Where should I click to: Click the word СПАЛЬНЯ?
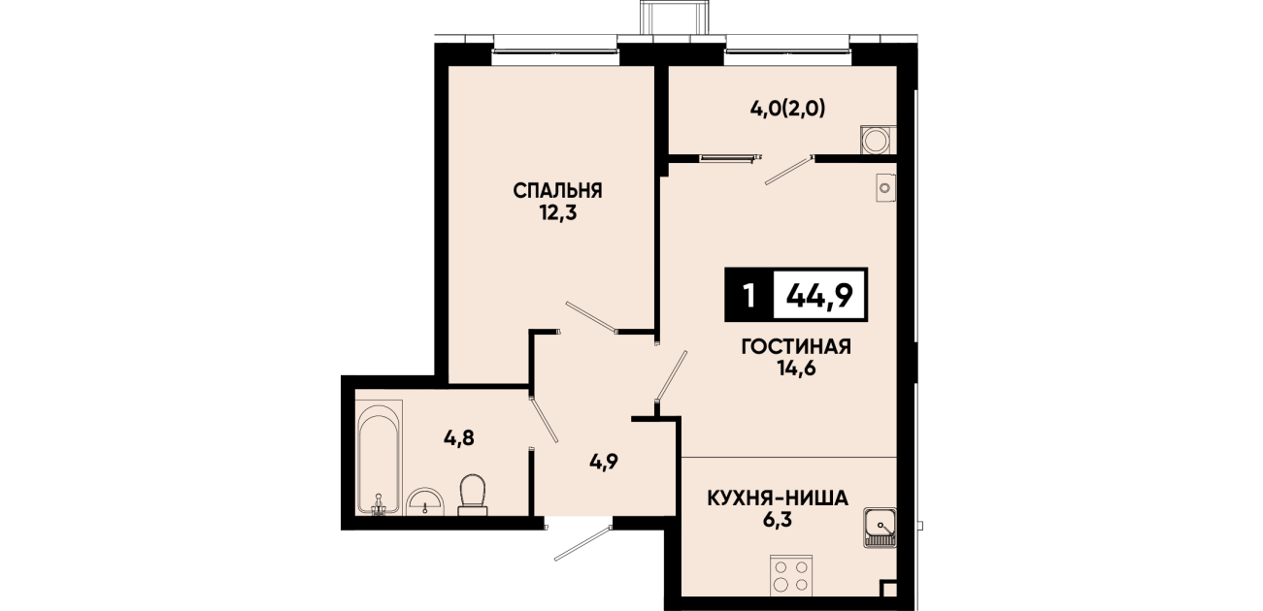(x=557, y=191)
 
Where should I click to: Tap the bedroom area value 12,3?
(x=557, y=213)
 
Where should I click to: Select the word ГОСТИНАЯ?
(x=796, y=347)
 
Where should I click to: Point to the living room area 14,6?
(x=797, y=369)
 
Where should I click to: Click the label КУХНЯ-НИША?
(x=778, y=498)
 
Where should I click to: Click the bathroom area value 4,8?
(x=459, y=437)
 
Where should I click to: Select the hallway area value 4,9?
(x=604, y=463)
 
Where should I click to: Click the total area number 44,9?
(x=819, y=295)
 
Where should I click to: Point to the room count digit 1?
(x=749, y=295)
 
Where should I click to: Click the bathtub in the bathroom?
(x=379, y=457)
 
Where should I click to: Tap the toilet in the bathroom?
(x=473, y=495)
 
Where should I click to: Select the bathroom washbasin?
(x=426, y=502)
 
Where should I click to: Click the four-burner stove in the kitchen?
(x=791, y=575)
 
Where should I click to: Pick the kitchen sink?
(x=880, y=528)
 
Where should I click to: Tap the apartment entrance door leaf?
(x=583, y=543)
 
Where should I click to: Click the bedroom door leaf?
(x=591, y=317)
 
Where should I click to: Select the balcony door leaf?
(x=789, y=170)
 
